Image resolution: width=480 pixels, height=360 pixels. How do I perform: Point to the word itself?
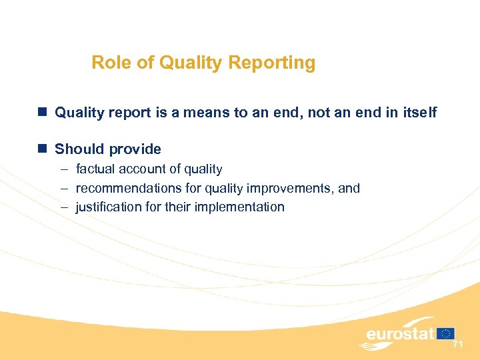[417, 113]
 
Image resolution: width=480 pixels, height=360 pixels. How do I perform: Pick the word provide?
[135, 149]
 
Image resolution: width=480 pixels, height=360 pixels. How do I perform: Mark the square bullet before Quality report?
[43, 113]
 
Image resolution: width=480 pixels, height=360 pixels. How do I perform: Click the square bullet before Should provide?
[43, 149]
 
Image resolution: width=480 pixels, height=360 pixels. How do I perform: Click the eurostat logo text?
[400, 333]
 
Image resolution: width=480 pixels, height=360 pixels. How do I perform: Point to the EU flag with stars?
[446, 333]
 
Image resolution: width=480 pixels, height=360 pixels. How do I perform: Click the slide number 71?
[457, 345]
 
